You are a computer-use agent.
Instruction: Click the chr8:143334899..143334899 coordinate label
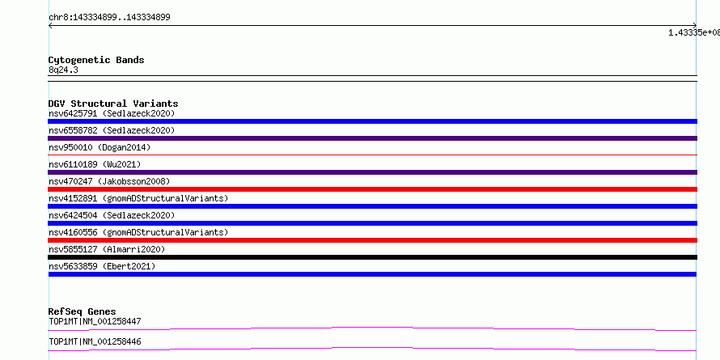click(x=109, y=18)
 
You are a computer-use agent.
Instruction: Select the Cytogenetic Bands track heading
click(x=96, y=60)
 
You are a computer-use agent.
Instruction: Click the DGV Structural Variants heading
click(x=113, y=104)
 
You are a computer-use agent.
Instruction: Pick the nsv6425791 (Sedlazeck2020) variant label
click(x=112, y=113)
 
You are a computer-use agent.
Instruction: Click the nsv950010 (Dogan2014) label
click(x=100, y=147)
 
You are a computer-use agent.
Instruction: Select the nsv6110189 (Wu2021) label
click(x=95, y=164)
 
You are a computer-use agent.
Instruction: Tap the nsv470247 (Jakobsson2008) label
click(x=109, y=181)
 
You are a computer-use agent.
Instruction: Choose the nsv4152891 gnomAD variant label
click(x=138, y=198)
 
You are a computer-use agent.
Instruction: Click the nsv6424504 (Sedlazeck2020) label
click(x=112, y=215)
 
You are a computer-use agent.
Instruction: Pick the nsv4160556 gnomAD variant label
click(x=138, y=232)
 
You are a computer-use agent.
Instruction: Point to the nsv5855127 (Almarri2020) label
click(x=107, y=249)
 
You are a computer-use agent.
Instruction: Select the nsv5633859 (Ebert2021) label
click(x=102, y=266)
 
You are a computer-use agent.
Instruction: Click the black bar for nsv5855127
click(x=372, y=257)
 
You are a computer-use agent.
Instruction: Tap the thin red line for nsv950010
click(x=372, y=155)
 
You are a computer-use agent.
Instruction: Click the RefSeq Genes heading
click(x=83, y=311)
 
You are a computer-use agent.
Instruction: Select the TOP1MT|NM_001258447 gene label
click(x=95, y=321)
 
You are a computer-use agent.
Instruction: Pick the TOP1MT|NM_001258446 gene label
click(x=95, y=341)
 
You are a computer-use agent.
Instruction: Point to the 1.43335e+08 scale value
click(x=694, y=32)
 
